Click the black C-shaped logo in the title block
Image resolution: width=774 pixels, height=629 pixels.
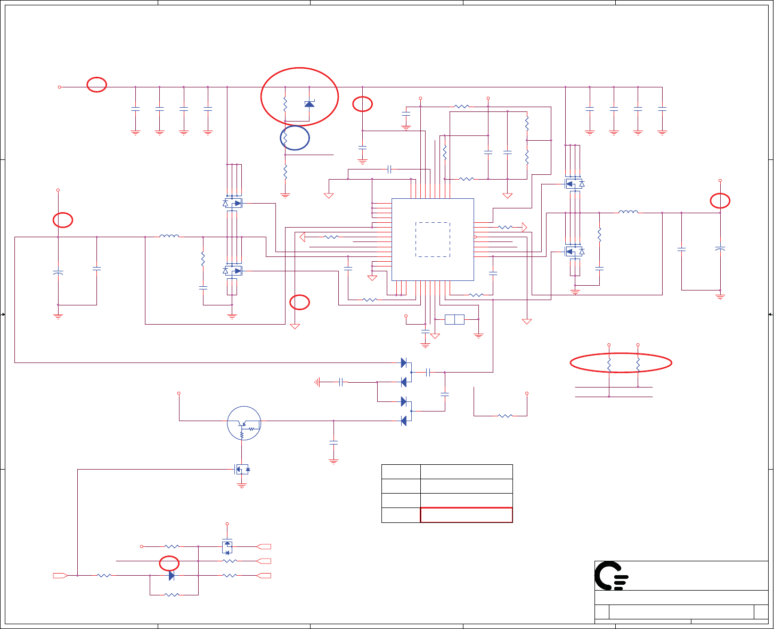point(610,576)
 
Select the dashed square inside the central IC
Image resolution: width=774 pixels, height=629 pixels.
point(433,239)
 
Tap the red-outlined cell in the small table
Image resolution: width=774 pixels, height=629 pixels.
point(466,515)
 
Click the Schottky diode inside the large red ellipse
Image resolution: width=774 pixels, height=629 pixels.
point(309,103)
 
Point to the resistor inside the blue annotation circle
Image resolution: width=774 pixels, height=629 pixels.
point(286,138)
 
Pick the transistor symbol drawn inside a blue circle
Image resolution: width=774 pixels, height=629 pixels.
point(244,423)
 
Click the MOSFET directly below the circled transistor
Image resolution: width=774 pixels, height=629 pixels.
point(242,469)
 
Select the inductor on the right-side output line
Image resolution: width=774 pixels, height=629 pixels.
point(629,213)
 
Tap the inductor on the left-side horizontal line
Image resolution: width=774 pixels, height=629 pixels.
point(169,236)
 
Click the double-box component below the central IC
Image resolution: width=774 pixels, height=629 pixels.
point(454,319)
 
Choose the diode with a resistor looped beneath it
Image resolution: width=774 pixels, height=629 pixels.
point(172,576)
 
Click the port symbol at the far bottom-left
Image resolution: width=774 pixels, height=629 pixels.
point(60,576)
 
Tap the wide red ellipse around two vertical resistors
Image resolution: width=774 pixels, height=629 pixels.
point(621,363)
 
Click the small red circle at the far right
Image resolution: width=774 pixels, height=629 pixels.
point(720,200)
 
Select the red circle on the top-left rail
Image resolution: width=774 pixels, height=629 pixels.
point(97,84)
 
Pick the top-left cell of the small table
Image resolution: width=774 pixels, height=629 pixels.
point(401,472)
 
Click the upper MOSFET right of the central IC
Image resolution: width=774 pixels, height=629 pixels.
point(574,184)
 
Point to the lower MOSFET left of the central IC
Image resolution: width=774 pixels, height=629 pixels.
point(233,271)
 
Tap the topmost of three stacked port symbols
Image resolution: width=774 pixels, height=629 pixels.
point(264,546)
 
